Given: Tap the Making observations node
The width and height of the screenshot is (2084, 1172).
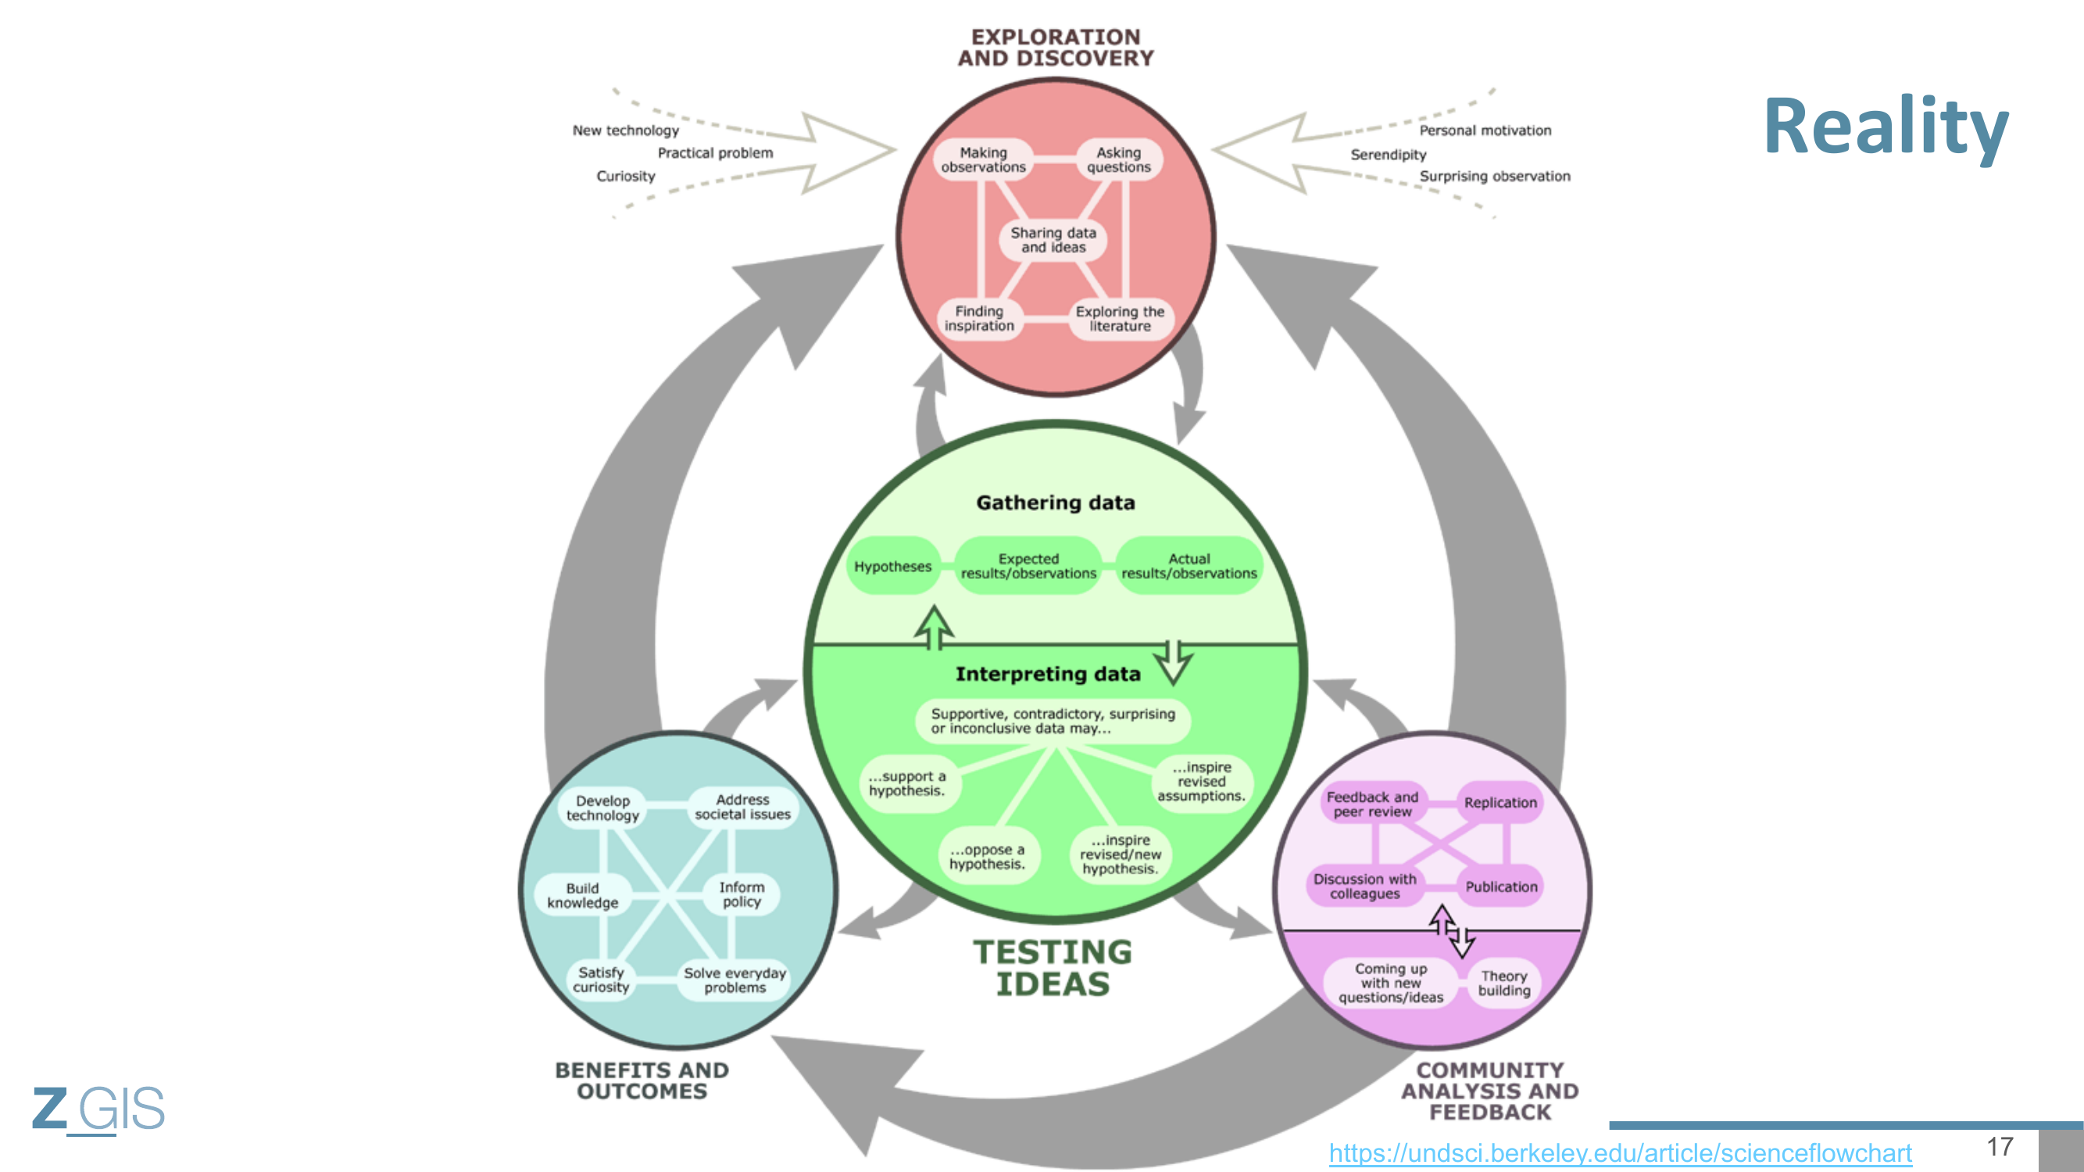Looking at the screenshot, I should click(x=983, y=159).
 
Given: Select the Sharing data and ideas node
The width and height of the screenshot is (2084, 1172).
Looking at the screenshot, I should click(x=1053, y=240).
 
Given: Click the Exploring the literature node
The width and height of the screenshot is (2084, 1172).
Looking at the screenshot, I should click(x=1120, y=319).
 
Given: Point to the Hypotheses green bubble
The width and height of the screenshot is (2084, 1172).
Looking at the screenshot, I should click(x=892, y=566).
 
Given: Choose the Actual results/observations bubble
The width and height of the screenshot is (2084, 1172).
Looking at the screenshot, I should click(x=1189, y=566).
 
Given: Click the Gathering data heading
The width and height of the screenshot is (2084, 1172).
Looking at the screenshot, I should click(x=1055, y=503).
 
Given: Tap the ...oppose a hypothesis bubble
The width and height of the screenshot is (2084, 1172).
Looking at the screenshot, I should click(x=987, y=856).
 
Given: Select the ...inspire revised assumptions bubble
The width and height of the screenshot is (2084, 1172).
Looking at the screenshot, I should click(x=1201, y=781).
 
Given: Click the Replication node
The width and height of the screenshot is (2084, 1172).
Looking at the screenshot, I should click(x=1500, y=802).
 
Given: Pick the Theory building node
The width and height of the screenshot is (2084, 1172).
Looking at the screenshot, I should click(x=1504, y=983).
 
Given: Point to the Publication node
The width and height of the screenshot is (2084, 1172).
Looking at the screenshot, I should click(x=1501, y=887).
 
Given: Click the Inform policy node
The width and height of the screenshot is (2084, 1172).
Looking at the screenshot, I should click(x=741, y=894).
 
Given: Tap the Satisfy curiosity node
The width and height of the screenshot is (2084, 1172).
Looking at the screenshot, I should click(x=601, y=980).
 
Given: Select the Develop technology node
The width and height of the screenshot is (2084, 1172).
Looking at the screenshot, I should click(x=602, y=808).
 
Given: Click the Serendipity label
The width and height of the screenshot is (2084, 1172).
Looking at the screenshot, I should click(x=1389, y=155).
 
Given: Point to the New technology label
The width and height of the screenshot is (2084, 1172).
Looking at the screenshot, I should click(x=625, y=130).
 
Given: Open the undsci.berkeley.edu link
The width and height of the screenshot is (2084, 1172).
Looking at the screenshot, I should click(x=1620, y=1152).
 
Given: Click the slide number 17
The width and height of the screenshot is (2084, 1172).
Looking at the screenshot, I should click(x=2000, y=1146).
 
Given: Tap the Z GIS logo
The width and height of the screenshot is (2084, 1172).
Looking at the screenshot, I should click(x=98, y=1108).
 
